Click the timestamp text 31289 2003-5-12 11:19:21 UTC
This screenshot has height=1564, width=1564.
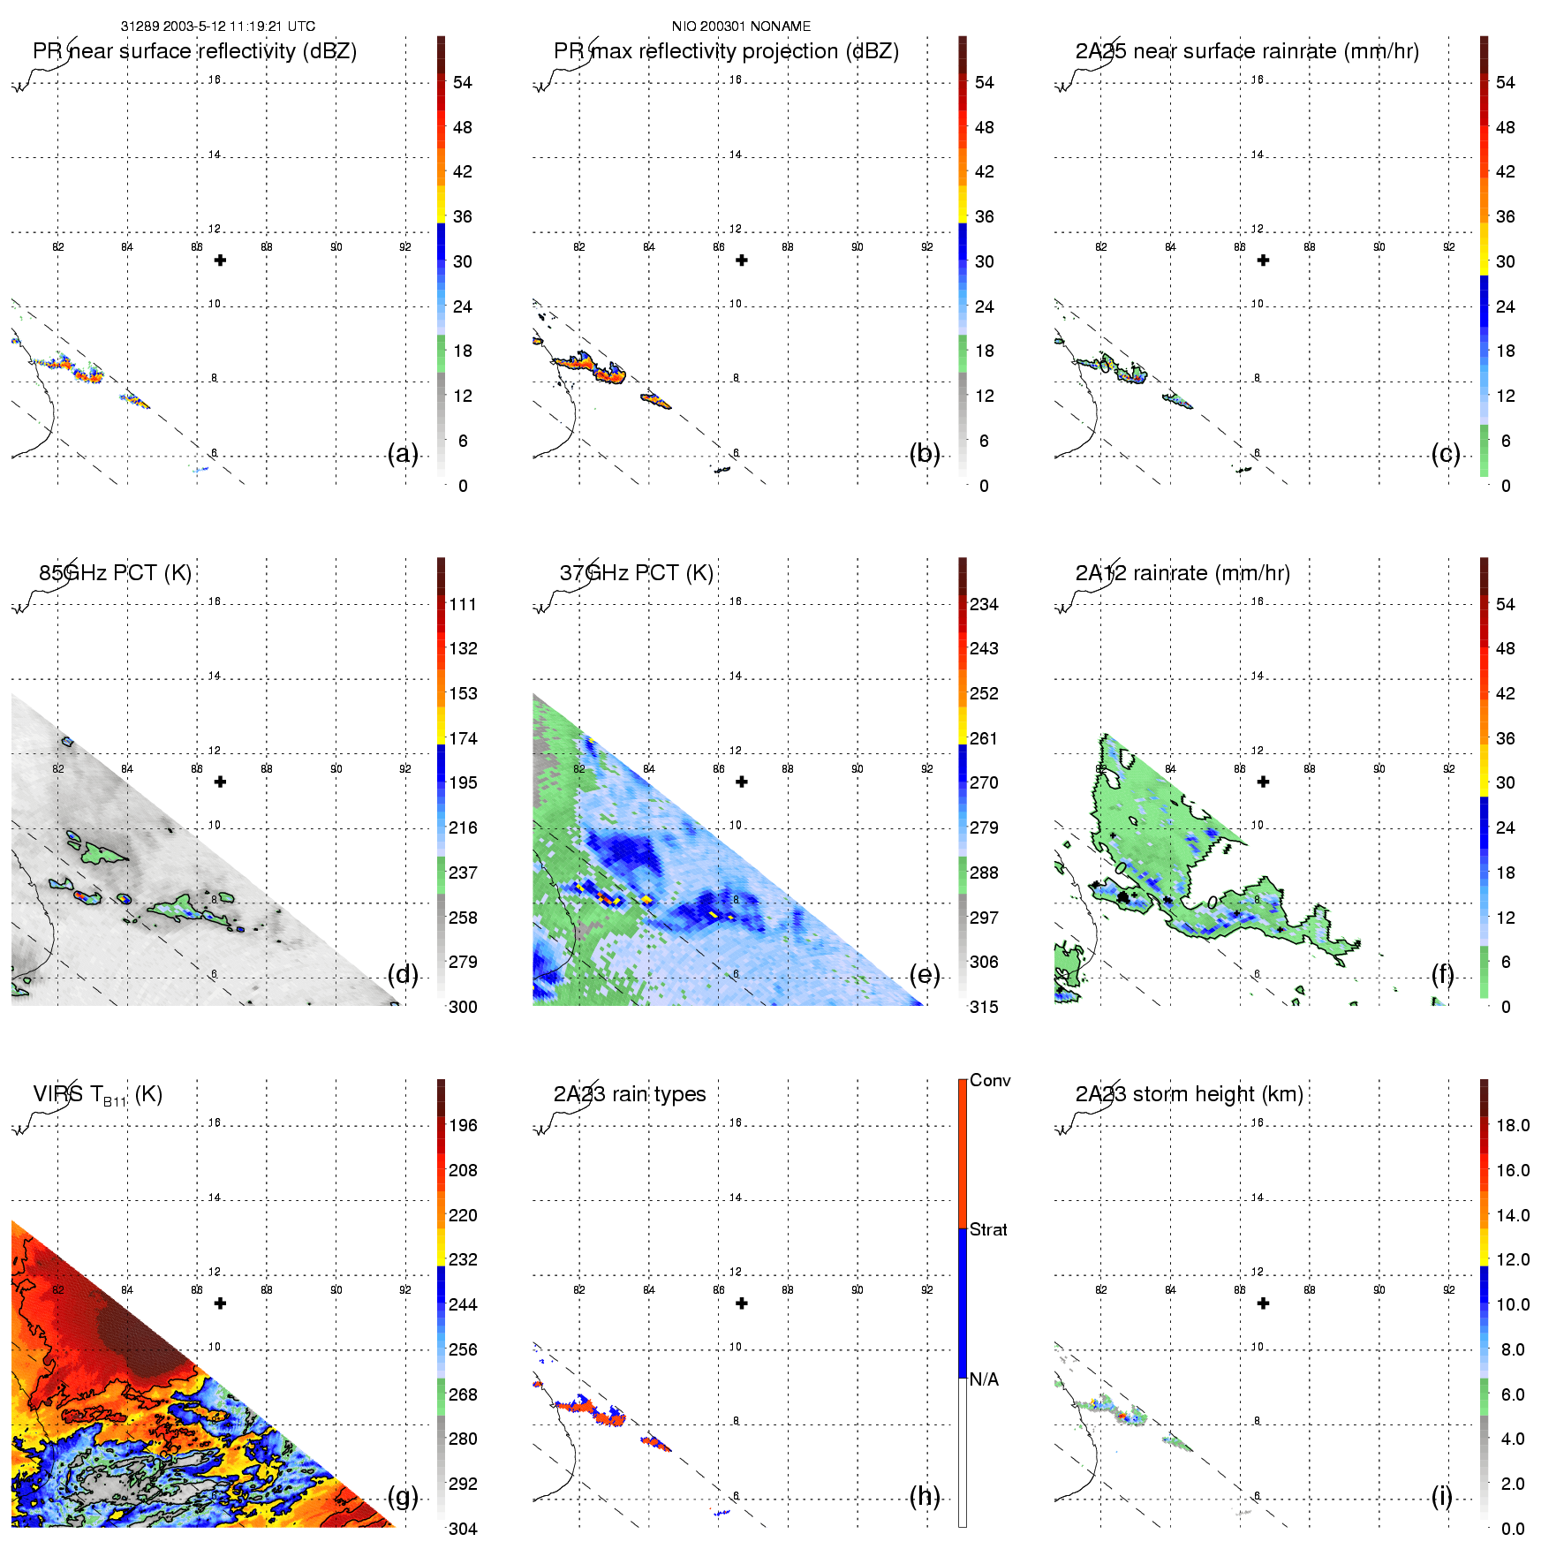(217, 26)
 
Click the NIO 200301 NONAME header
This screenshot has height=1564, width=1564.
(741, 26)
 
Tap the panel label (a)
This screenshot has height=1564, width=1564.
(403, 454)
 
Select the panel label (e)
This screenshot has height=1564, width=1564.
(925, 975)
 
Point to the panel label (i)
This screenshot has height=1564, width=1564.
(1441, 1496)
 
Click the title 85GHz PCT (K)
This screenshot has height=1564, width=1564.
(115, 573)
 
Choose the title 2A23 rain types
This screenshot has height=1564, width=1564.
(630, 1094)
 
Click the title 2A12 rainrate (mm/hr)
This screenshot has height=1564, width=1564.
(1182, 573)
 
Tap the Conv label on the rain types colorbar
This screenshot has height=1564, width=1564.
(990, 1081)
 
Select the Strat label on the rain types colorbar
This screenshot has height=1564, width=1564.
(988, 1230)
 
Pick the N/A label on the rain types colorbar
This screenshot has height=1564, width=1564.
(984, 1379)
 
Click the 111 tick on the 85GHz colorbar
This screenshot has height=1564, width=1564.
(463, 605)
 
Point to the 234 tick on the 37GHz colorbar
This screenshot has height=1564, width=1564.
(984, 605)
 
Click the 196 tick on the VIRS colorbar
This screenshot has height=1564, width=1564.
(463, 1126)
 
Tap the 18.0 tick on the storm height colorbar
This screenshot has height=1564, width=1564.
(1513, 1126)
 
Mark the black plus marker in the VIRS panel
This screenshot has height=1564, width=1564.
(220, 1303)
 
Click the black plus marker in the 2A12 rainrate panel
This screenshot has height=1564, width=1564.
(1263, 782)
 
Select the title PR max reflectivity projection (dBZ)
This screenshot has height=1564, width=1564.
(726, 51)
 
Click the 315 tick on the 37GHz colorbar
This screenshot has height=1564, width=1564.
(984, 1008)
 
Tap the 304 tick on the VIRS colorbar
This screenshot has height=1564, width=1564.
(463, 1529)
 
